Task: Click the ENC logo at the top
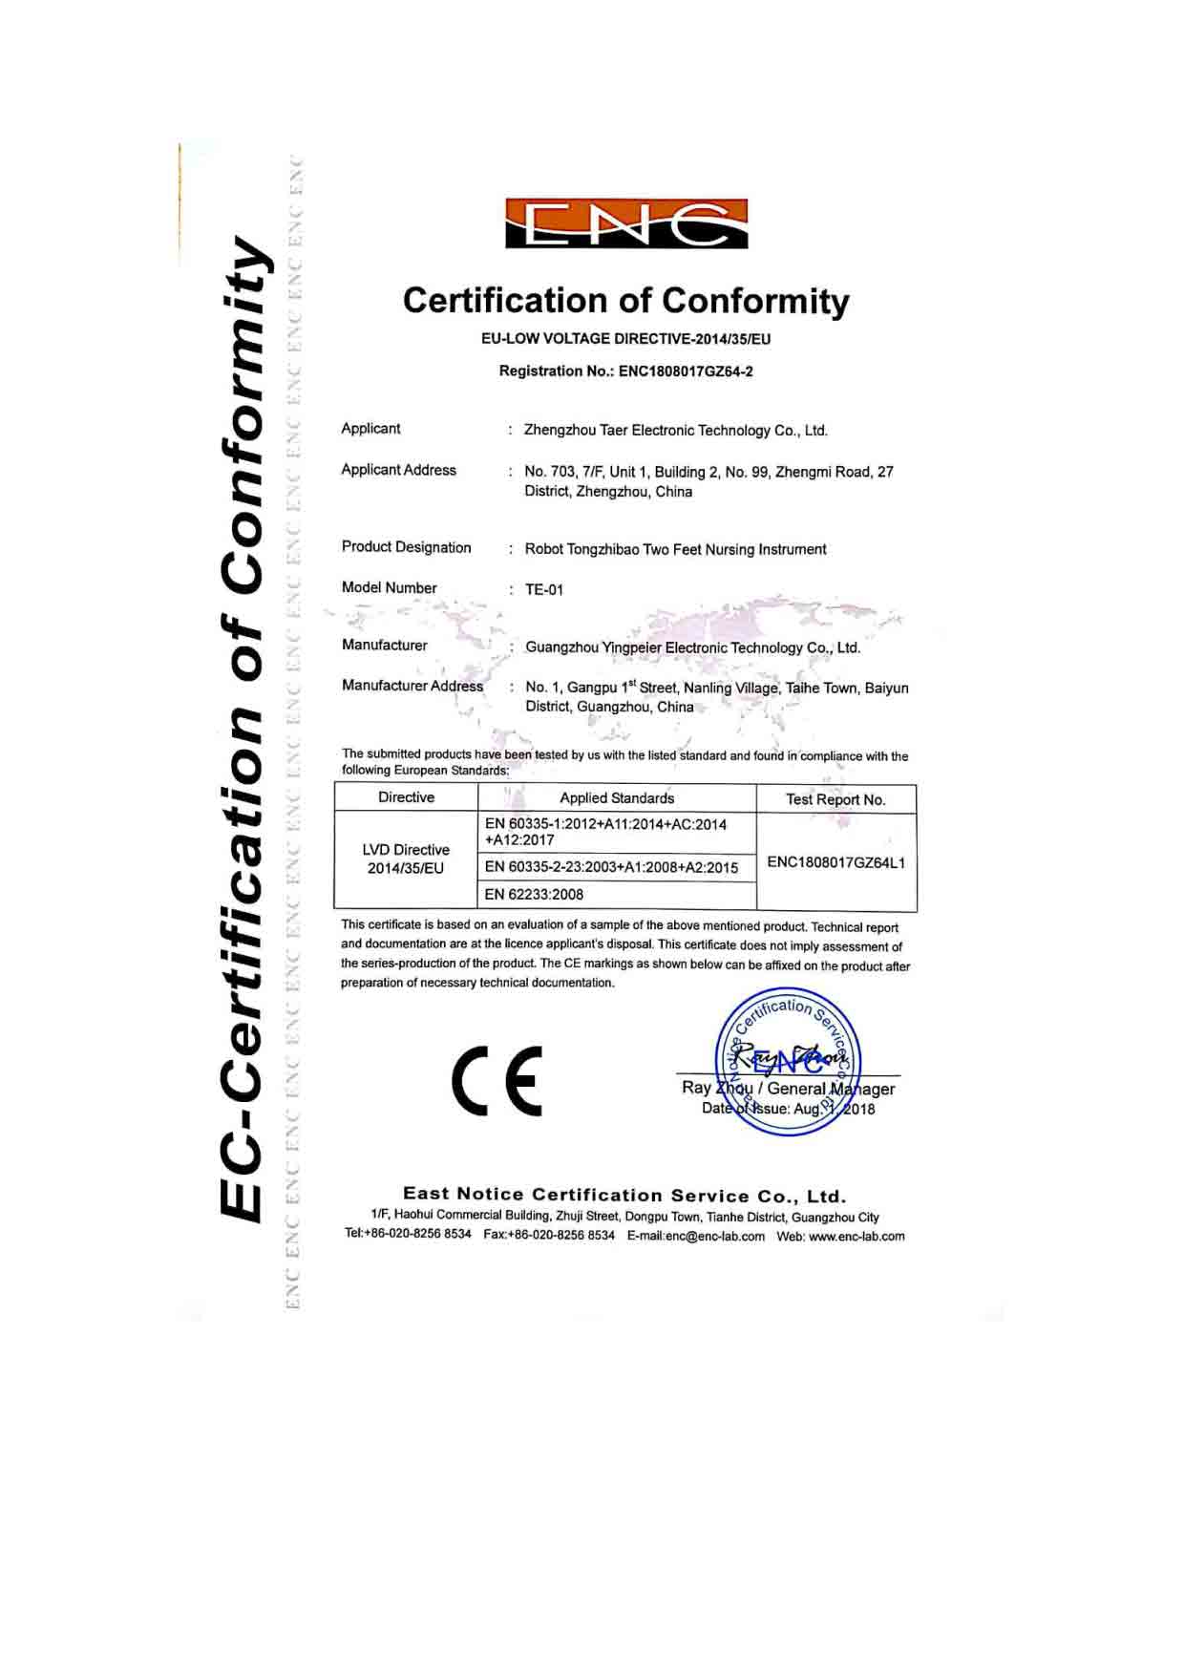[x=626, y=224]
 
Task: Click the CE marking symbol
[x=497, y=1081]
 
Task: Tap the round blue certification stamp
[x=789, y=1062]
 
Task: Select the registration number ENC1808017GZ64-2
[x=686, y=371]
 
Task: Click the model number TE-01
[x=544, y=590]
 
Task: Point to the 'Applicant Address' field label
[x=399, y=470]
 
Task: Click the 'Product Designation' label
[x=407, y=547]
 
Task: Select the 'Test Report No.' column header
[x=835, y=799]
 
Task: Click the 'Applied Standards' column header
[x=617, y=798]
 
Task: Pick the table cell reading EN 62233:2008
[x=534, y=895]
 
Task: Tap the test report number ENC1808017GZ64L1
[x=836, y=862]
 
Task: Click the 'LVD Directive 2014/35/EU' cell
[x=406, y=859]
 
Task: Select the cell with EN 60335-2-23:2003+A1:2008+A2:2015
[x=611, y=867]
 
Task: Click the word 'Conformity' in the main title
[x=755, y=301]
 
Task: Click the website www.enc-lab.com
[x=856, y=1237]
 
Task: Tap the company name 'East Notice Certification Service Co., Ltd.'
[x=624, y=1195]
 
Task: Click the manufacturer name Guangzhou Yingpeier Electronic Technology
[x=692, y=647]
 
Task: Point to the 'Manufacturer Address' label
[x=412, y=686]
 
